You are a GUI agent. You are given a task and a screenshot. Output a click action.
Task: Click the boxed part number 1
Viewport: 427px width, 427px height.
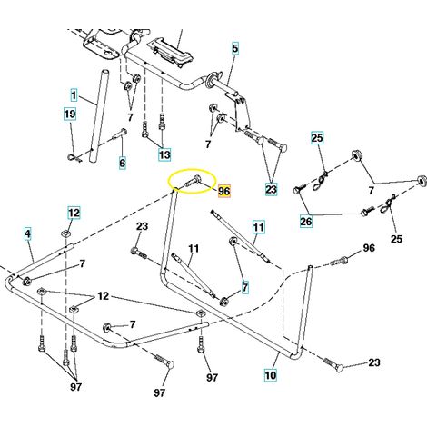(74, 95)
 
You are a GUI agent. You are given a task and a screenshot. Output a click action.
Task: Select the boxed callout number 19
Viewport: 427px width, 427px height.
(70, 114)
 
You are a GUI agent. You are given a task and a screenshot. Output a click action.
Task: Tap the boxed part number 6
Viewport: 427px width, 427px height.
(122, 163)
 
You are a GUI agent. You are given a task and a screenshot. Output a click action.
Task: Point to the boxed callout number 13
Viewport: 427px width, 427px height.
(164, 154)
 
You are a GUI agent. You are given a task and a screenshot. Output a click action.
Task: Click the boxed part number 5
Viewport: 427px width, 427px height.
(235, 48)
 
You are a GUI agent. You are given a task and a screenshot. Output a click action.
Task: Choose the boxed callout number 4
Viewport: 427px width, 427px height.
(27, 233)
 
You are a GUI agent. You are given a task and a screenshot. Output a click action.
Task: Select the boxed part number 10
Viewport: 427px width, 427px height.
(271, 375)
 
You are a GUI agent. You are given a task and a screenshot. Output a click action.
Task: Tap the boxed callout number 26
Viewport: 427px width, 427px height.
(306, 222)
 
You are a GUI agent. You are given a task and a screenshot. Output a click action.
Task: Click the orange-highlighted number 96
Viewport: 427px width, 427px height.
(224, 191)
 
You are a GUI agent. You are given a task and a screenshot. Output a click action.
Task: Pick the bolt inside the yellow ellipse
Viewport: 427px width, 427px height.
(191, 181)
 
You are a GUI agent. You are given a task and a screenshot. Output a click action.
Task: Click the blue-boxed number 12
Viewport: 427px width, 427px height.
(74, 213)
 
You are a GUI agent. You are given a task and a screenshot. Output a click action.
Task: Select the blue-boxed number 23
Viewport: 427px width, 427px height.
(271, 189)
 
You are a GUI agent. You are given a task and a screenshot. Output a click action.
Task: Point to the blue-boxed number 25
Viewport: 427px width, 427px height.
(317, 138)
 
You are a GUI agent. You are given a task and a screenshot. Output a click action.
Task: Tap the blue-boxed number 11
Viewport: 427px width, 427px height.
(258, 227)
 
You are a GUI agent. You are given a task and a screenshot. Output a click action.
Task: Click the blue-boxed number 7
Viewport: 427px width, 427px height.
(244, 286)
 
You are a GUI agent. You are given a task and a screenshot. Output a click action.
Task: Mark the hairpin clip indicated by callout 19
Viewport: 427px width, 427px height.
(74, 158)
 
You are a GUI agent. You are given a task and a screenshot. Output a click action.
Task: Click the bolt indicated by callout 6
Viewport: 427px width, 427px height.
(120, 134)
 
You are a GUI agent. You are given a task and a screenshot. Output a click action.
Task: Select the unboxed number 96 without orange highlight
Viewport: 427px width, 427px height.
(368, 248)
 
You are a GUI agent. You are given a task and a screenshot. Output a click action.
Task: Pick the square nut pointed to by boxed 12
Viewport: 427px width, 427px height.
(65, 233)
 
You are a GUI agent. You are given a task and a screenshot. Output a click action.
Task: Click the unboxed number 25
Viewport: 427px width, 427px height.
(396, 239)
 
